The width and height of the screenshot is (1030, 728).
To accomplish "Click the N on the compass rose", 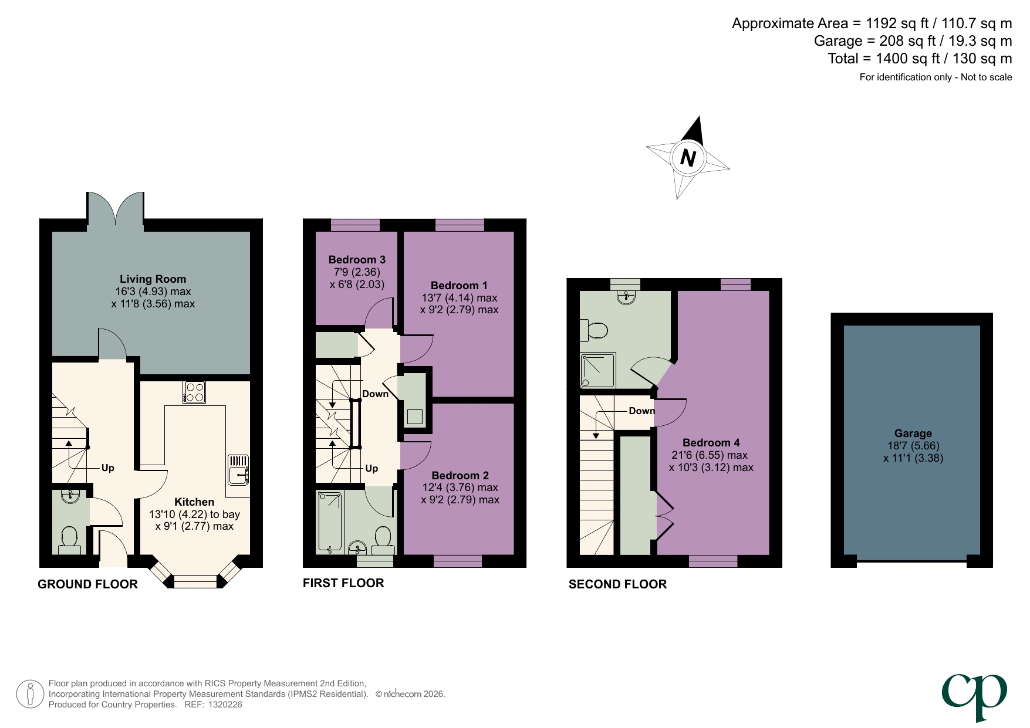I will pos(688,158).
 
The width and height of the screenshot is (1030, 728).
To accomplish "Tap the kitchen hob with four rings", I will pos(194,392).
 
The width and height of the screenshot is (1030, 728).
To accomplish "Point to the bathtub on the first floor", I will pos(330,522).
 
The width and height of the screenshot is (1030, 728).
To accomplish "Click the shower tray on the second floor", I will pos(598,370).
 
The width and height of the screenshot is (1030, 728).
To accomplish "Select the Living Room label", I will pos(153,279).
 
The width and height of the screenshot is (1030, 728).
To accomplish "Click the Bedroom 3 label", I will pos(357,259).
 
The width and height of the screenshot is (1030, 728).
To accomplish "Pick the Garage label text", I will pos(913,434).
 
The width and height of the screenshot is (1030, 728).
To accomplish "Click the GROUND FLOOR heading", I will pos(87,584).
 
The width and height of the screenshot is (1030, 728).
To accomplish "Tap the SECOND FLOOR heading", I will pos(617,584).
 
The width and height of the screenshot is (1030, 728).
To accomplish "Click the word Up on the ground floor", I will pos(108,468).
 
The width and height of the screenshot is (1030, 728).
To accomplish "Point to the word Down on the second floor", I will pos(641,411).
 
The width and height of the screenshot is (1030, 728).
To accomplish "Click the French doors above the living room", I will pos(116,208).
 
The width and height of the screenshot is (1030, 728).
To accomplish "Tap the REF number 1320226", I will pos(225,705).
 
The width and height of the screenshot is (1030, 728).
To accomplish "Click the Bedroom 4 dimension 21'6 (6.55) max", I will pos(710,455).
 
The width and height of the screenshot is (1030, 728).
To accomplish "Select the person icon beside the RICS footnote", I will pos(30,694).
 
